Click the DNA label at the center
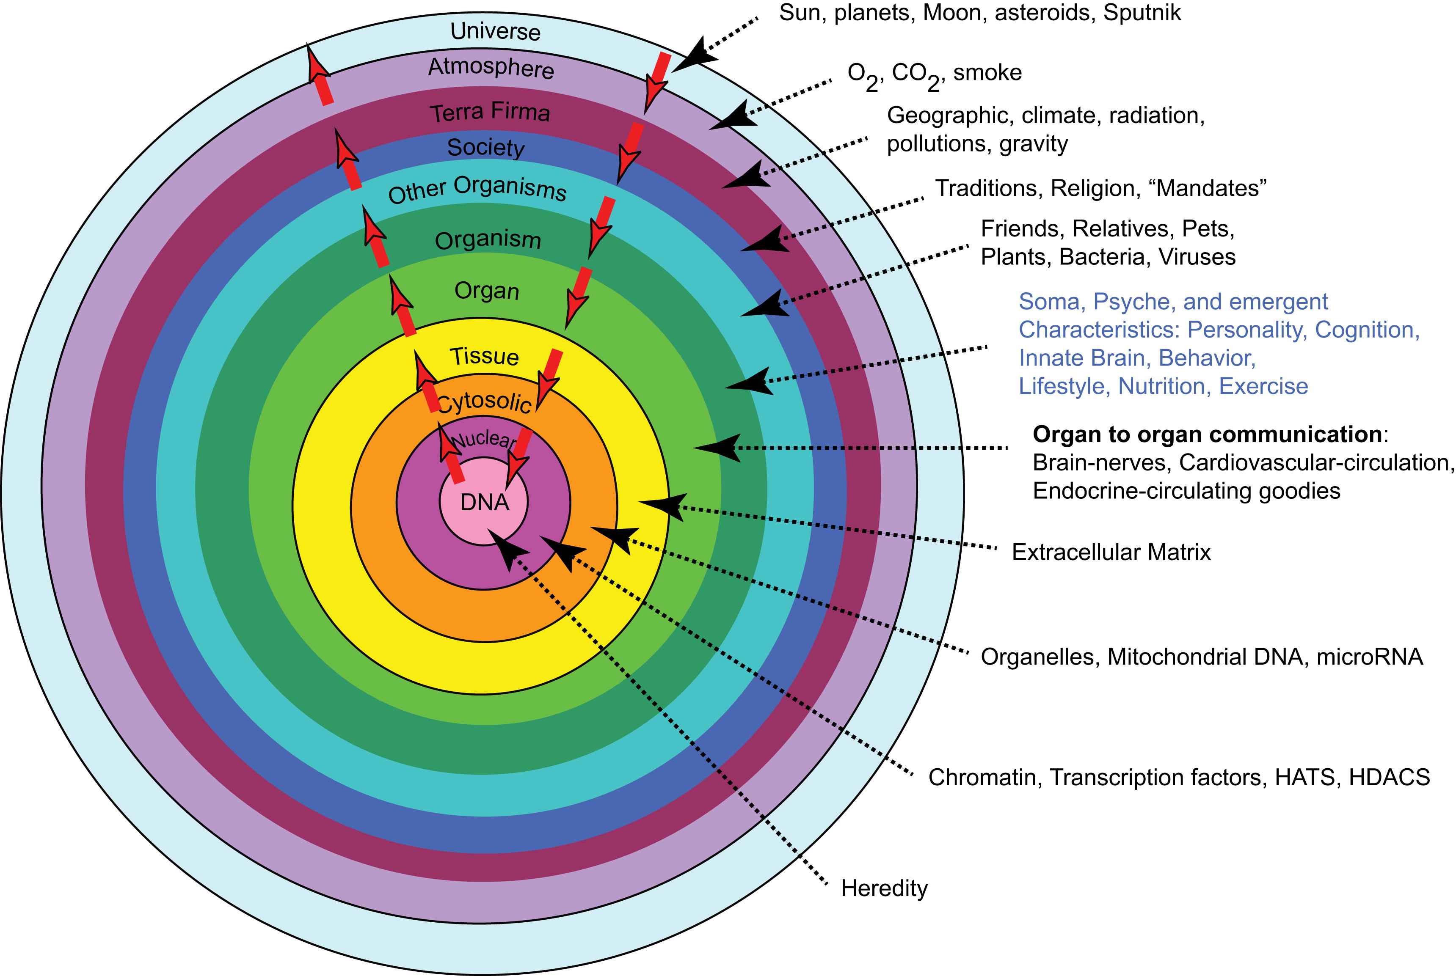pyautogui.click(x=485, y=502)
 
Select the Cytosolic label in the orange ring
pyautogui.click(x=485, y=401)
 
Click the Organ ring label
pyautogui.click(x=486, y=290)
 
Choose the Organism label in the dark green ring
pyautogui.click(x=488, y=239)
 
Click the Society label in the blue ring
pyautogui.click(x=486, y=148)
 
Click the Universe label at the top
pyautogui.click(x=495, y=31)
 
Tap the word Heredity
pyautogui.click(x=884, y=888)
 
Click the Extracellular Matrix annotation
pyautogui.click(x=1111, y=552)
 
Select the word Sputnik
pyautogui.click(x=1142, y=12)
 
